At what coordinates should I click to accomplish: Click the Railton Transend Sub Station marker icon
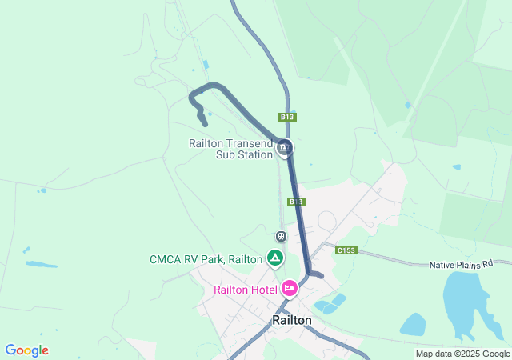285,148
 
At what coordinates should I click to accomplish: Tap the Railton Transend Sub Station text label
231,149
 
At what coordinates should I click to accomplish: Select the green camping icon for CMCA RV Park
274,258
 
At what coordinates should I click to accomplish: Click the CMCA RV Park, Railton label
206,259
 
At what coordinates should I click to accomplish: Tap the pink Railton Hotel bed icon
290,288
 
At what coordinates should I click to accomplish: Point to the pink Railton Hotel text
245,290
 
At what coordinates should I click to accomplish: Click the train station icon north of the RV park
281,236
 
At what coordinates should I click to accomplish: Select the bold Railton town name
291,319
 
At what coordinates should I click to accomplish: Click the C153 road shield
346,250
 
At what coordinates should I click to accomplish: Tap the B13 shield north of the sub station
288,117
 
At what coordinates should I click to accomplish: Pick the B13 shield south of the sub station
295,202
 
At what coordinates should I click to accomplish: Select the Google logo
26,350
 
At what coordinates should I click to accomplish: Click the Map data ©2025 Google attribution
462,354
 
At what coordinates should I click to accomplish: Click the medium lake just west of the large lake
413,324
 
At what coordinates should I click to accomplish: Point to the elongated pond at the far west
41,264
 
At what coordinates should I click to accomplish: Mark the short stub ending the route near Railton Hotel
318,275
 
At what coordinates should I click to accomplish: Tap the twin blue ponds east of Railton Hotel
330,303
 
